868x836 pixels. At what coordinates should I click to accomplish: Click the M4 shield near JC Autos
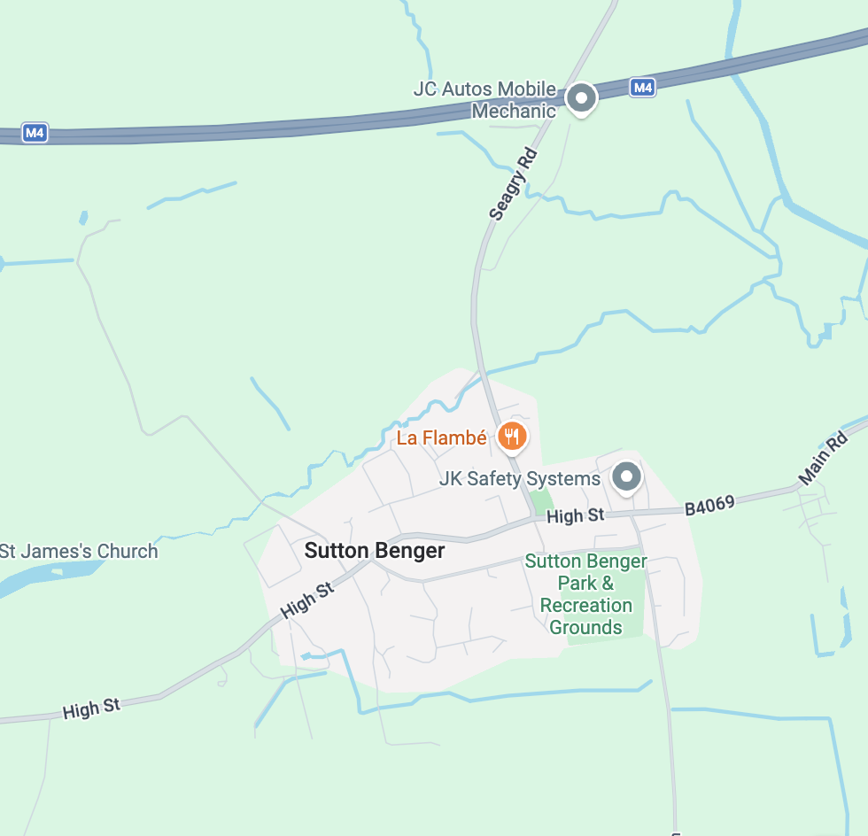pyautogui.click(x=643, y=88)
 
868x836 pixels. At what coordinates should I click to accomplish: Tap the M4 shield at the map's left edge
pyautogui.click(x=34, y=134)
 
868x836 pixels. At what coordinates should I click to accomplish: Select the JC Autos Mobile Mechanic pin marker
pyautogui.click(x=581, y=98)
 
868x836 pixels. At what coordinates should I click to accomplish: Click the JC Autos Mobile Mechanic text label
pyautogui.click(x=485, y=100)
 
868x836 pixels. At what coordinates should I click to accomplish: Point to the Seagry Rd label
pyautogui.click(x=514, y=183)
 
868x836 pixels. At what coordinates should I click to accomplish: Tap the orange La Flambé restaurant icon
pyautogui.click(x=512, y=436)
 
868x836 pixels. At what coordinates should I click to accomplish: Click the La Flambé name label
pyautogui.click(x=441, y=437)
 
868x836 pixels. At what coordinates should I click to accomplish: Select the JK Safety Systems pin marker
pyautogui.click(x=626, y=477)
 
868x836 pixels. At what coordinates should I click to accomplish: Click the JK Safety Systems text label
pyautogui.click(x=520, y=479)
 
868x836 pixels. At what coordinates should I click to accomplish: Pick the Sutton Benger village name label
pyautogui.click(x=375, y=551)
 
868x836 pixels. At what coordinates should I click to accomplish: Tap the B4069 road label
pyautogui.click(x=709, y=506)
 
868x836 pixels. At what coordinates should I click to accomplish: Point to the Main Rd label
pyautogui.click(x=823, y=458)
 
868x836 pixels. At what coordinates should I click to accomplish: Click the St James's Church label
pyautogui.click(x=79, y=551)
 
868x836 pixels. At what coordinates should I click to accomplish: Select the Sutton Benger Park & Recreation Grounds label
pyautogui.click(x=585, y=594)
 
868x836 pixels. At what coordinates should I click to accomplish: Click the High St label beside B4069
pyautogui.click(x=576, y=515)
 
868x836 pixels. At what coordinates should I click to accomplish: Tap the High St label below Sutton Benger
pyautogui.click(x=307, y=600)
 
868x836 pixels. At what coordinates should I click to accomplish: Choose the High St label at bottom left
pyautogui.click(x=91, y=708)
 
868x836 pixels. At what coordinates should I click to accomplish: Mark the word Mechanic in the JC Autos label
pyautogui.click(x=514, y=112)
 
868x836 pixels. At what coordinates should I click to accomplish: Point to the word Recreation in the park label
pyautogui.click(x=585, y=606)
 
